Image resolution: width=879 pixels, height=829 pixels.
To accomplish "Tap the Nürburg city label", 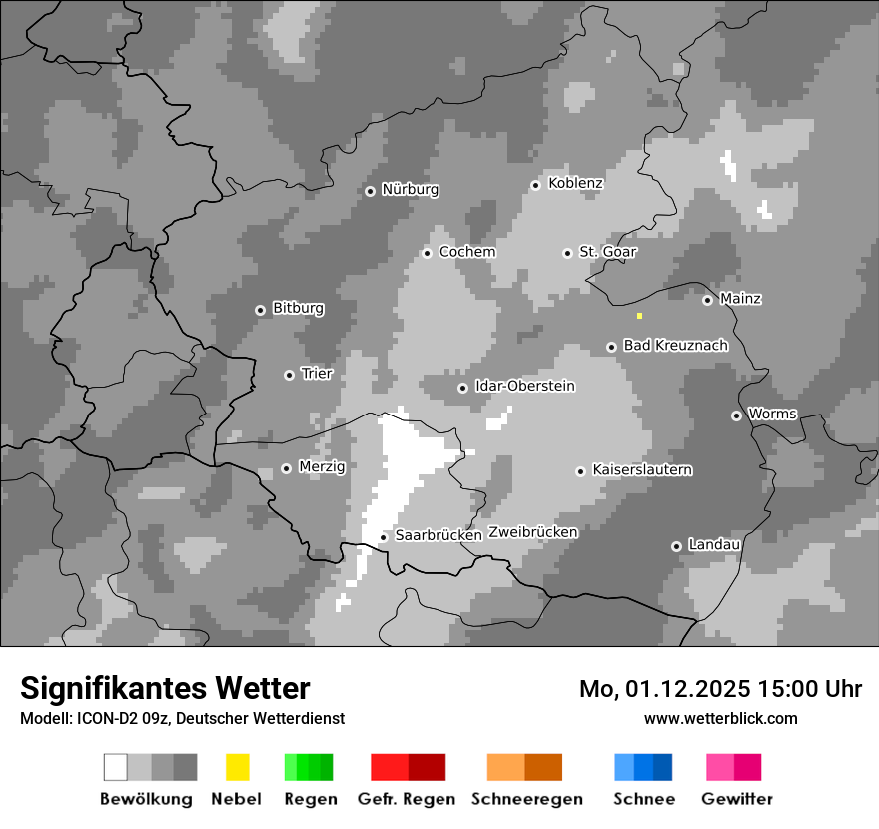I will pyautogui.click(x=410, y=189).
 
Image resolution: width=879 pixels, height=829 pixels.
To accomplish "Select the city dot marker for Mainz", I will pyautogui.click(x=707, y=300).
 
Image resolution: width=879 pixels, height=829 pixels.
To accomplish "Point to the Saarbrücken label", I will pyautogui.click(x=439, y=535).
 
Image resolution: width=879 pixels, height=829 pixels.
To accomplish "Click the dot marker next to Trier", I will pyautogui.click(x=289, y=375).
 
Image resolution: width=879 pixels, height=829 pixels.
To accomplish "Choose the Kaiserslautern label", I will pyautogui.click(x=642, y=469).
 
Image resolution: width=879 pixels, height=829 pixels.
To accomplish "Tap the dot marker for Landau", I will pyautogui.click(x=676, y=546).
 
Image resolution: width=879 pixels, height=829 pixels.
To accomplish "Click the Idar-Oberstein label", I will pyautogui.click(x=525, y=386).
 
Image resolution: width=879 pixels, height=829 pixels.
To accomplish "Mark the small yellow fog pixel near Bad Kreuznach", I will pyautogui.click(x=639, y=316).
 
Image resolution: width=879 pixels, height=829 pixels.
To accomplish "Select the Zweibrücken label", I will pyautogui.click(x=533, y=532).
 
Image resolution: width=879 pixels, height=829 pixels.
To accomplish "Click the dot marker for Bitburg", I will pyautogui.click(x=260, y=310).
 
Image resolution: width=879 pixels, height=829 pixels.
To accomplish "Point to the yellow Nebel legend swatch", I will pyautogui.click(x=237, y=767).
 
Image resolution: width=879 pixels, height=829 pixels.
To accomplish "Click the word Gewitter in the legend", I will pyautogui.click(x=737, y=799).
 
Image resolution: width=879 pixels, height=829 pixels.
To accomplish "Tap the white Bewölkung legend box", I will pyautogui.click(x=115, y=767).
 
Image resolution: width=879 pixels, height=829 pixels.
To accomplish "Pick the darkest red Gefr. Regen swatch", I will pyautogui.click(x=427, y=767).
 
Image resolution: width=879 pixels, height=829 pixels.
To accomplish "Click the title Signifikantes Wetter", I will pyautogui.click(x=165, y=688).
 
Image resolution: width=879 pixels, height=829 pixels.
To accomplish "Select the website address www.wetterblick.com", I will pyautogui.click(x=720, y=718).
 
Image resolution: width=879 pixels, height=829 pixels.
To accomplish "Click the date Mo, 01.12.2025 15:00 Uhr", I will pyautogui.click(x=720, y=689).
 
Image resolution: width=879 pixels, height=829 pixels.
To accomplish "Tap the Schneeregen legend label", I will pyautogui.click(x=526, y=799).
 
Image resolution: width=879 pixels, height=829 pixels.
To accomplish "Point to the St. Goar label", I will pyautogui.click(x=608, y=252).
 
